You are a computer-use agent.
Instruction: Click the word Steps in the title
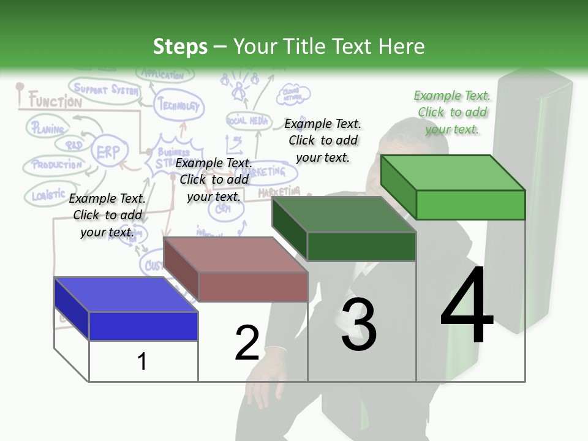coord(180,47)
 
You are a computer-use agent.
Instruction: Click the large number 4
coord(467,306)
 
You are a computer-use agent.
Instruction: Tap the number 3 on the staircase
coord(359,325)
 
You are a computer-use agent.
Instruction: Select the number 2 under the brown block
coord(247,343)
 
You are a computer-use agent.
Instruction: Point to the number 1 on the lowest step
coord(142,361)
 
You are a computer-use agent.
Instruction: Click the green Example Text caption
coord(452,112)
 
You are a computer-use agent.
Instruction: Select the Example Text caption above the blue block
coord(107,215)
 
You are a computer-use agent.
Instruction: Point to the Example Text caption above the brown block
coord(214,179)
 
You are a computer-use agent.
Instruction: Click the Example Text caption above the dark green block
coord(323,140)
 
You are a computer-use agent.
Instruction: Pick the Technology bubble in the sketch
coord(178,105)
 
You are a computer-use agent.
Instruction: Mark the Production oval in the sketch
coord(56,165)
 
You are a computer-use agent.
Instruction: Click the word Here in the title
coord(402,47)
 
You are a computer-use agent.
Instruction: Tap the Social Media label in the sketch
coord(247,121)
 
